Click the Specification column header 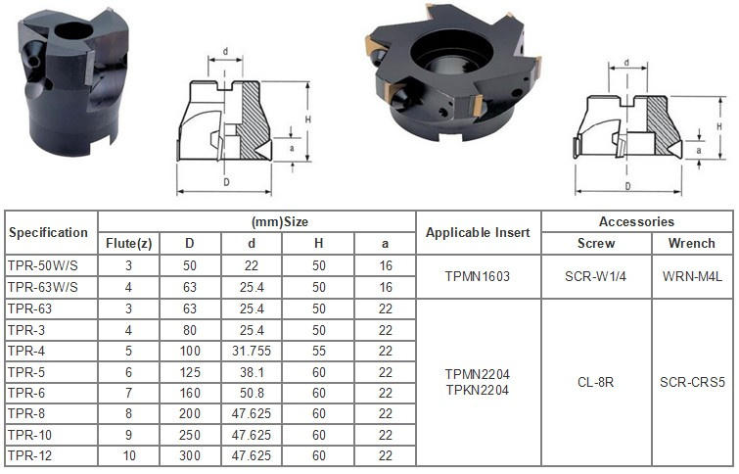[48, 232]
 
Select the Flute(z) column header [128, 244]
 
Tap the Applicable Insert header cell [478, 232]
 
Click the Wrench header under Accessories [691, 244]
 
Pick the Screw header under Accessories [596, 244]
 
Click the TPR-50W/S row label [43, 265]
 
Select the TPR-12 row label [29, 455]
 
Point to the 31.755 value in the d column [252, 351]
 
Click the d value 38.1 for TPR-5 [252, 372]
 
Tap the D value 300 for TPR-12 [190, 455]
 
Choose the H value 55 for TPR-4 [318, 351]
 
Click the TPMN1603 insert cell [478, 276]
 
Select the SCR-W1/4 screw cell [596, 276]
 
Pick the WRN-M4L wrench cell [692, 276]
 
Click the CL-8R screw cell [596, 382]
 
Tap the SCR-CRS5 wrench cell [692, 382]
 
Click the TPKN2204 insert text [478, 390]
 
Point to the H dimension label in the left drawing [307, 119]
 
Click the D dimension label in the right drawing [627, 186]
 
